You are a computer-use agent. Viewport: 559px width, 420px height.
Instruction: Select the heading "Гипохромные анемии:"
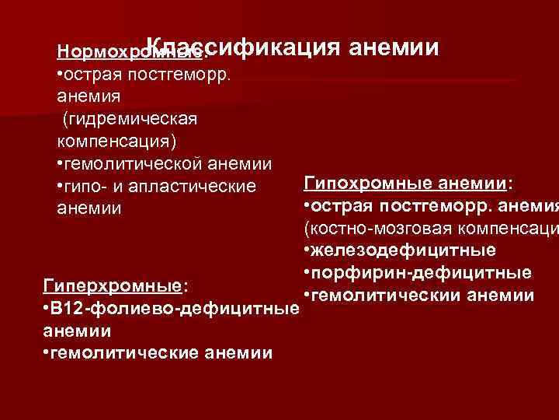[x=408, y=183]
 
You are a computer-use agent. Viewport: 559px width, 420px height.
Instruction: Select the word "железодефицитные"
[x=404, y=251]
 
